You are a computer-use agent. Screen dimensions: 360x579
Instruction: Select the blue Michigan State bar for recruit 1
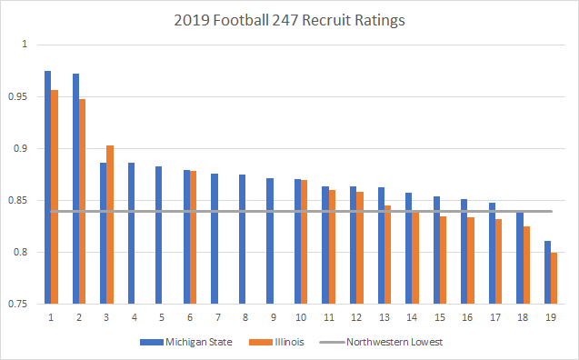[x=47, y=187]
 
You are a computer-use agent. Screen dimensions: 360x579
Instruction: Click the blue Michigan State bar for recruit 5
[x=158, y=235]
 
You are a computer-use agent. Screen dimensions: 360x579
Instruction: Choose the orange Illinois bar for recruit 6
[x=193, y=237]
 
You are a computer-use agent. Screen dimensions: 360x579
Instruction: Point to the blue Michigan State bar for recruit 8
[x=242, y=239]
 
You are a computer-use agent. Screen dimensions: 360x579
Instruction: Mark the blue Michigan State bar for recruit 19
[x=546, y=273]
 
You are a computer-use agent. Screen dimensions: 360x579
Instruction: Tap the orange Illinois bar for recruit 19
[x=554, y=278]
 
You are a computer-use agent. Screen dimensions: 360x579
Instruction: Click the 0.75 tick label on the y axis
[x=19, y=305]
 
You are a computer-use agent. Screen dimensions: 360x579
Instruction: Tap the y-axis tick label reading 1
[x=25, y=45]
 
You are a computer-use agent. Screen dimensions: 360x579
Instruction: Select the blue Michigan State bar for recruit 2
[x=75, y=189]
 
